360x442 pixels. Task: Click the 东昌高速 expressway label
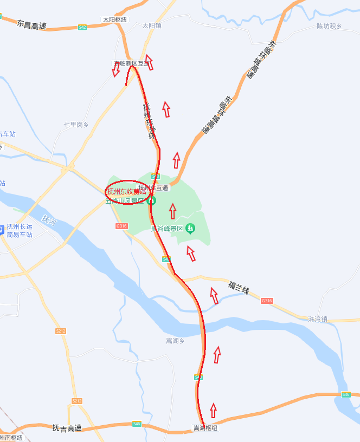(32, 25)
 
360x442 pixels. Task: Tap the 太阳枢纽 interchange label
(114, 19)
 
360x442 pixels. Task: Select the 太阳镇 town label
(152, 25)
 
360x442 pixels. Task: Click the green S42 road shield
(82, 27)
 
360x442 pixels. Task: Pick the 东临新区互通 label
(132, 64)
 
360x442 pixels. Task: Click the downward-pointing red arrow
(116, 70)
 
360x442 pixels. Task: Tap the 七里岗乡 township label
(76, 125)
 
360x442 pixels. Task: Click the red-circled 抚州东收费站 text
(126, 192)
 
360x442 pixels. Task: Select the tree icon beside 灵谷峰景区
(190, 228)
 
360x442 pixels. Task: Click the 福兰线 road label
(239, 288)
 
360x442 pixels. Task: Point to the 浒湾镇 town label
(318, 319)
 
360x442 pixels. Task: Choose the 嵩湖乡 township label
(175, 341)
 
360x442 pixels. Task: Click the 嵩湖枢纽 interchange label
(205, 428)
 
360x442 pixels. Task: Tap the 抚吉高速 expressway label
(67, 428)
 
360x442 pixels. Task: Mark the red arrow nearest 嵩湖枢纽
(213, 410)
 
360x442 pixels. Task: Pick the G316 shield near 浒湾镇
(266, 301)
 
